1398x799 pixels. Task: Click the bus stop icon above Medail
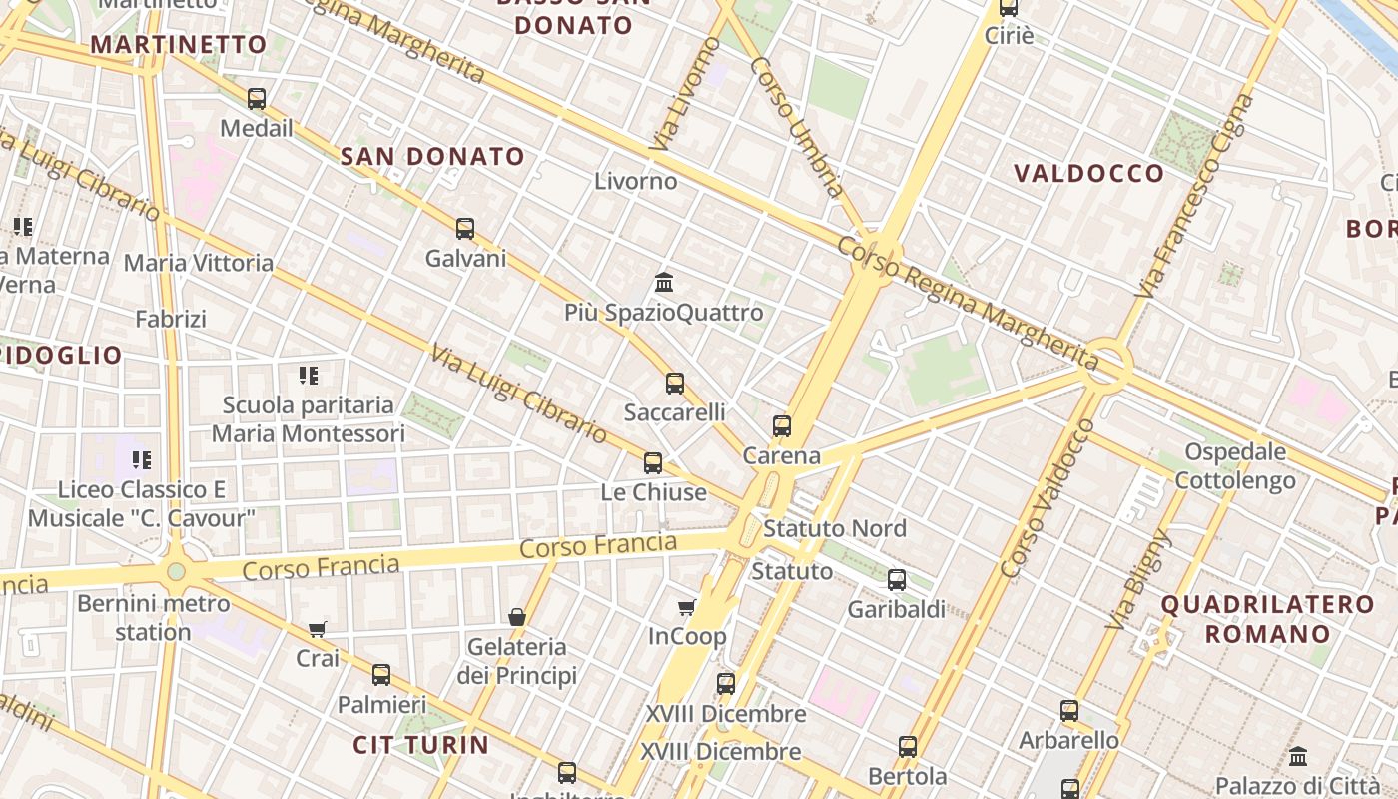257,98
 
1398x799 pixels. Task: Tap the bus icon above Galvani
465,228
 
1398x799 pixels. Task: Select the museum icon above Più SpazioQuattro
664,282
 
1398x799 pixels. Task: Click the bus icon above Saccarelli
675,383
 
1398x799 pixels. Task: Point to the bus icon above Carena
782,426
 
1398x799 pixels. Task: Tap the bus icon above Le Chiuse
653,462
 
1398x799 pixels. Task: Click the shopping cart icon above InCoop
687,607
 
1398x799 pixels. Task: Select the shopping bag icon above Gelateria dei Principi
517,617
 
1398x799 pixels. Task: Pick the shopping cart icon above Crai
318,629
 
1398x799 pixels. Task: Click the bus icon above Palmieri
381,674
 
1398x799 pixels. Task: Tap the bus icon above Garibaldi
897,579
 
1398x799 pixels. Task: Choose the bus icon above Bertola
908,746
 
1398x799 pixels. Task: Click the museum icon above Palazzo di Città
1298,756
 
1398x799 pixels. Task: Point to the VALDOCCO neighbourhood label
1089,174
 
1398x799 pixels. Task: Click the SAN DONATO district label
432,156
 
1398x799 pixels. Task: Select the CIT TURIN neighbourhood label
421,745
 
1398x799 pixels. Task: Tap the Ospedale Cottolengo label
1235,466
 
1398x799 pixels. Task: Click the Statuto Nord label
835,528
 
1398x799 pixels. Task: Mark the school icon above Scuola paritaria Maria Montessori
309,376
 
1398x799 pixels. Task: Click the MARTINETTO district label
179,44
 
